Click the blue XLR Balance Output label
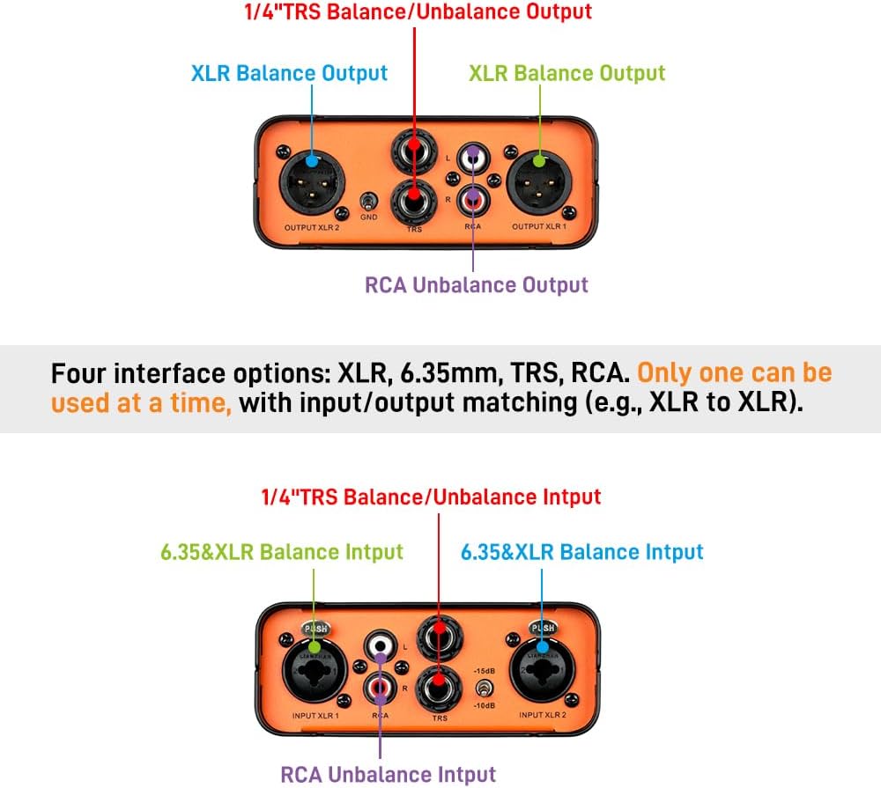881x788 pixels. pos(289,72)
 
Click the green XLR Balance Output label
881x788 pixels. pos(566,72)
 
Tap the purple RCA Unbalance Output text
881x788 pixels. pos(476,285)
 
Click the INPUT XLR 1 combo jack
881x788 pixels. pos(313,674)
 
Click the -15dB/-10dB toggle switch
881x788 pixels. pos(483,689)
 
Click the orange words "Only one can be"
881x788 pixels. pos(734,372)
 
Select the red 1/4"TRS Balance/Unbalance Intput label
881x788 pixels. pos(431,497)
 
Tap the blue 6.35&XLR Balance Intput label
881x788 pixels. pos(582,552)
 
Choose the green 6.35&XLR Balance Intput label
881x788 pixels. pos(282,552)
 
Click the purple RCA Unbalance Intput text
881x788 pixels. pos(388,775)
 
